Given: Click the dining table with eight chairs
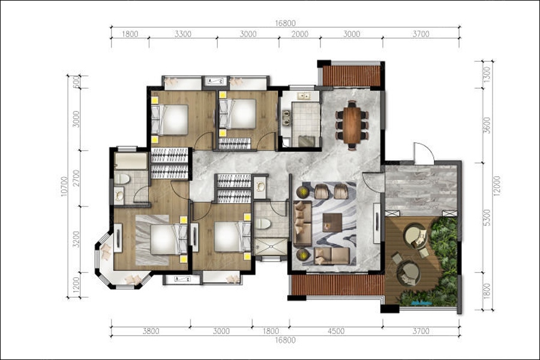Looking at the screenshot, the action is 352,125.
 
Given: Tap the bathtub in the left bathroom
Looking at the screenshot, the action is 131,161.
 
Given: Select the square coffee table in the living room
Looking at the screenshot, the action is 332,223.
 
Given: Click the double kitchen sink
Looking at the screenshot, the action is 304,96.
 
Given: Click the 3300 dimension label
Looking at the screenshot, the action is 183,34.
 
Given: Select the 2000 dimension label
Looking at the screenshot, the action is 299,34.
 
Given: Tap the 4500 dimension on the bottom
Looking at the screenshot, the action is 336,331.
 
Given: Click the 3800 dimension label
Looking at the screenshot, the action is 151,331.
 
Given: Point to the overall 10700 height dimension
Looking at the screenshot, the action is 64,187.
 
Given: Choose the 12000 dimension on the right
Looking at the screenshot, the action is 496,187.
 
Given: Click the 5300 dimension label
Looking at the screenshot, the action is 487,217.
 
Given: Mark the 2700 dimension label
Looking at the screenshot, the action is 76,178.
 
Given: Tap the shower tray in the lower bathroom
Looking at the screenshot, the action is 271,247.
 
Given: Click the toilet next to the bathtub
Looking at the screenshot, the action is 122,178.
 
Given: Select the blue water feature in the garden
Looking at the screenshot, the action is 422,303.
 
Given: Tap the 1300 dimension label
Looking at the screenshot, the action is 487,74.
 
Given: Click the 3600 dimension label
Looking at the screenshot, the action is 487,126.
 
